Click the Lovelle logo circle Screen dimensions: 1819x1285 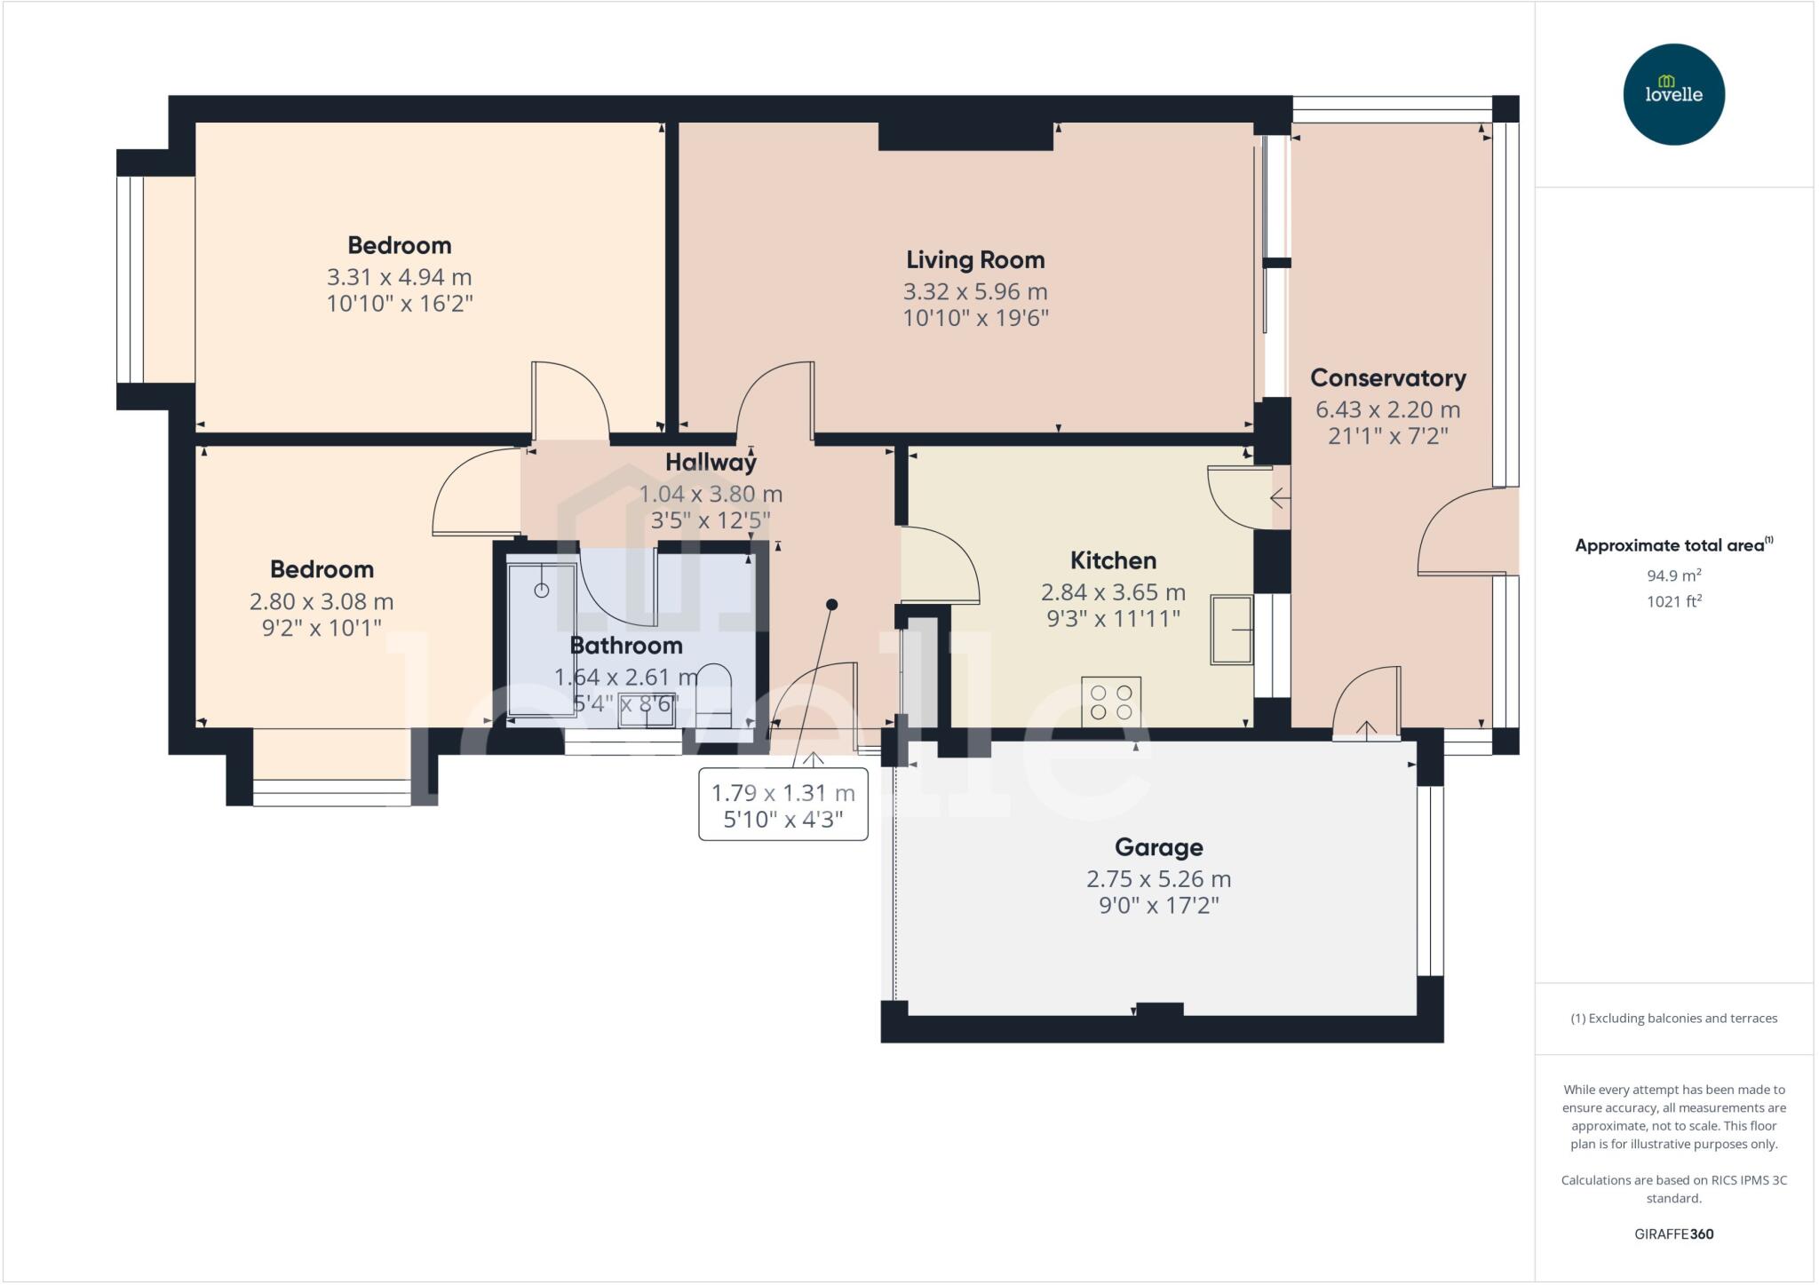(x=1673, y=94)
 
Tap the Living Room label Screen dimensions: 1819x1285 (x=975, y=260)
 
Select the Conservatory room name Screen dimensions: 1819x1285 (x=1387, y=378)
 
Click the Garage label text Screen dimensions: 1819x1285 (x=1158, y=847)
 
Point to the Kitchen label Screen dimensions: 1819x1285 (x=1113, y=560)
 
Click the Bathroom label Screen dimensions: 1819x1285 (x=625, y=646)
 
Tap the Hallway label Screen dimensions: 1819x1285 (x=711, y=462)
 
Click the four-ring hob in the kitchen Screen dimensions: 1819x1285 (x=1111, y=702)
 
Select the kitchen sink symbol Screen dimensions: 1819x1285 (x=1231, y=630)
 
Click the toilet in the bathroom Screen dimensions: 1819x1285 (x=712, y=702)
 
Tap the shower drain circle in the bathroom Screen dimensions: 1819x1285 (x=542, y=590)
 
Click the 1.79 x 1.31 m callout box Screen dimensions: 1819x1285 (x=783, y=805)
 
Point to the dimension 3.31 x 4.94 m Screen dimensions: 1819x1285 (x=399, y=277)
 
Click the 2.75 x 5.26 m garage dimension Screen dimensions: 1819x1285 (x=1158, y=879)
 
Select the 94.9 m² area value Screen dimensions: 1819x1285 (x=1673, y=575)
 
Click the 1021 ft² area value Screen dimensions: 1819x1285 (x=1673, y=601)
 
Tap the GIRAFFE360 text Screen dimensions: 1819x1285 (x=1673, y=1233)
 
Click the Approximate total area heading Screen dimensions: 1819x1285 (x=1673, y=545)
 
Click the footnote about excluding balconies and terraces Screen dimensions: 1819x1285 (x=1673, y=1019)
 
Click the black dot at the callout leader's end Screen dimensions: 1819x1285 (x=832, y=605)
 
